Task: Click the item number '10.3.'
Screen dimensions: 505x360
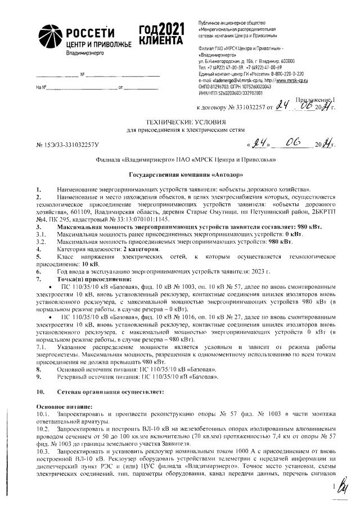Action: click(x=44, y=452)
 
